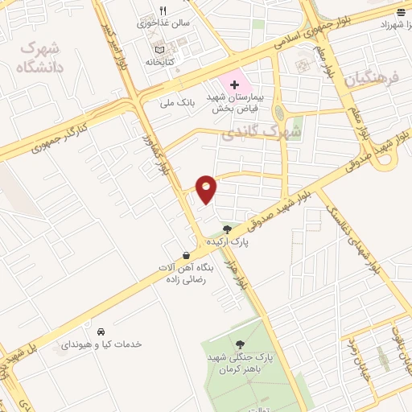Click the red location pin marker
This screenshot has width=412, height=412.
click(x=207, y=188)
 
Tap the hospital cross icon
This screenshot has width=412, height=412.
click(x=234, y=84)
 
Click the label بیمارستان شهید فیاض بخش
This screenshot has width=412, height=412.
click(x=236, y=101)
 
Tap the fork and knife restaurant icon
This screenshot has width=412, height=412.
click(x=162, y=10)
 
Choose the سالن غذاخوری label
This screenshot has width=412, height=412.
click(x=167, y=23)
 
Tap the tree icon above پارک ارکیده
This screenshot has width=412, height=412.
click(x=228, y=229)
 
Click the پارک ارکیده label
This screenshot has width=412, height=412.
click(x=228, y=241)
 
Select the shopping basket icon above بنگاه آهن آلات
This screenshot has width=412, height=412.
click(x=186, y=254)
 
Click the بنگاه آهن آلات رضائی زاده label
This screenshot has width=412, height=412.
click(x=186, y=274)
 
